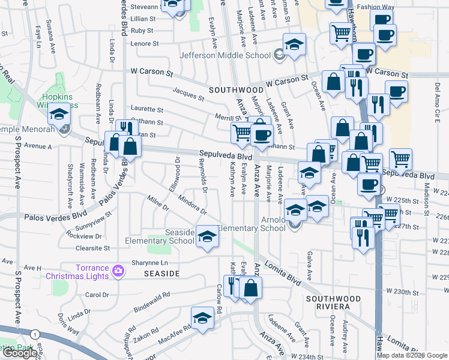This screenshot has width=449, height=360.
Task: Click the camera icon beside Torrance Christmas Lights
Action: (118, 271)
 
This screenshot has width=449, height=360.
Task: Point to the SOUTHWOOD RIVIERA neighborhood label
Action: (333, 302)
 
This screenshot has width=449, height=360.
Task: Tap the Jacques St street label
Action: (188, 93)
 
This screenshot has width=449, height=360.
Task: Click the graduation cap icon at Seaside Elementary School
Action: (207, 238)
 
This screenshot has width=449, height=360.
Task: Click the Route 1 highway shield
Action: (37, 334)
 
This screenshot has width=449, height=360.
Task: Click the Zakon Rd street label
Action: (146, 334)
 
